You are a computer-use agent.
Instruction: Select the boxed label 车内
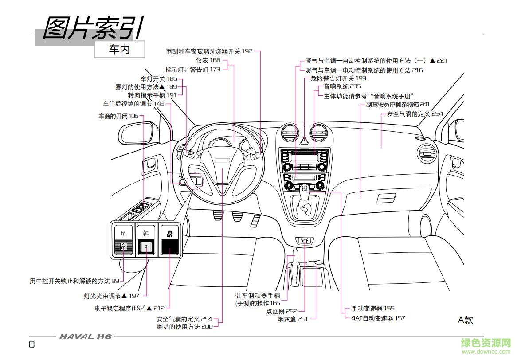coord(119,50)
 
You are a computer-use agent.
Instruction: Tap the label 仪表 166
coord(208,60)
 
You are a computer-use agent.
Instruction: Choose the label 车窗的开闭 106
coord(118,116)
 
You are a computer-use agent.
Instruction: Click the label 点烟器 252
coord(282,312)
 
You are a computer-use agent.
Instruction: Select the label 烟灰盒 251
coord(293,319)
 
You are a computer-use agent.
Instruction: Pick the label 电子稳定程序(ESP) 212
coord(129,308)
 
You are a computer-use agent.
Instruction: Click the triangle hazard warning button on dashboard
coord(305,141)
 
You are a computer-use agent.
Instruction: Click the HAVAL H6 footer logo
coord(86,337)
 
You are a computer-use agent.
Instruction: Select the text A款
coord(465,320)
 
